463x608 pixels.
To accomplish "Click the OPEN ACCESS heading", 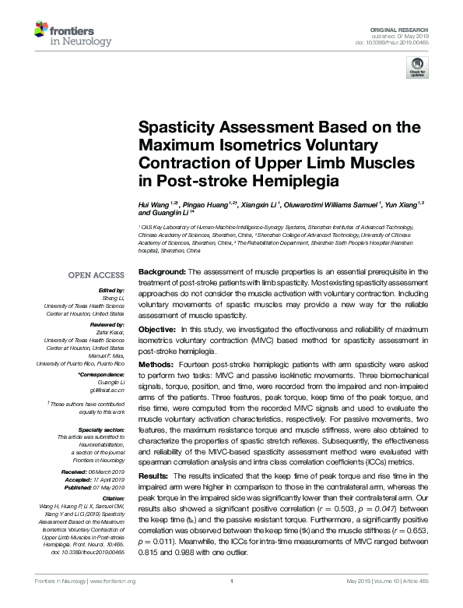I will coord(96,274).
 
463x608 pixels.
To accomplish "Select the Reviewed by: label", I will coord(107,323).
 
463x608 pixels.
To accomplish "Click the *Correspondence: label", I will coord(102,375).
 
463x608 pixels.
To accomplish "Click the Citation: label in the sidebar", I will coord(112,497).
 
